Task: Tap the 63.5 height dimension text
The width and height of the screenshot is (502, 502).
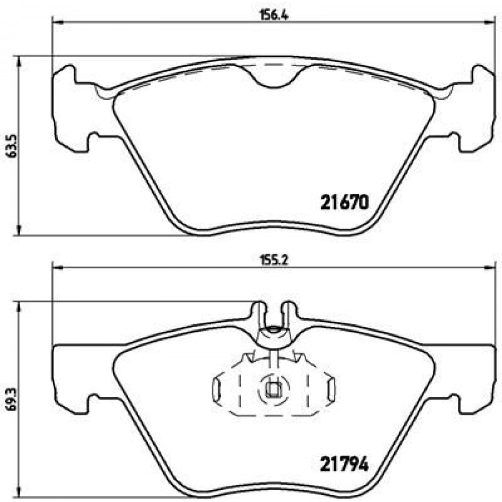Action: point(10,146)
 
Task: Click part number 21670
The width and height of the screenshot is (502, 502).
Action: point(344,203)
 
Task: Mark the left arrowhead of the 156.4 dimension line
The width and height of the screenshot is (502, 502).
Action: point(57,22)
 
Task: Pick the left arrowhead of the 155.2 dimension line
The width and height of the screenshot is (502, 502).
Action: point(57,267)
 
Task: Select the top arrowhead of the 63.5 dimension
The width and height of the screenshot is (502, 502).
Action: point(19,61)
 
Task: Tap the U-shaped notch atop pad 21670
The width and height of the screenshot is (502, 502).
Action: point(274,80)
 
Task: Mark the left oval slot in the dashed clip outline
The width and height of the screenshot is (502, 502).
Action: point(217,391)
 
